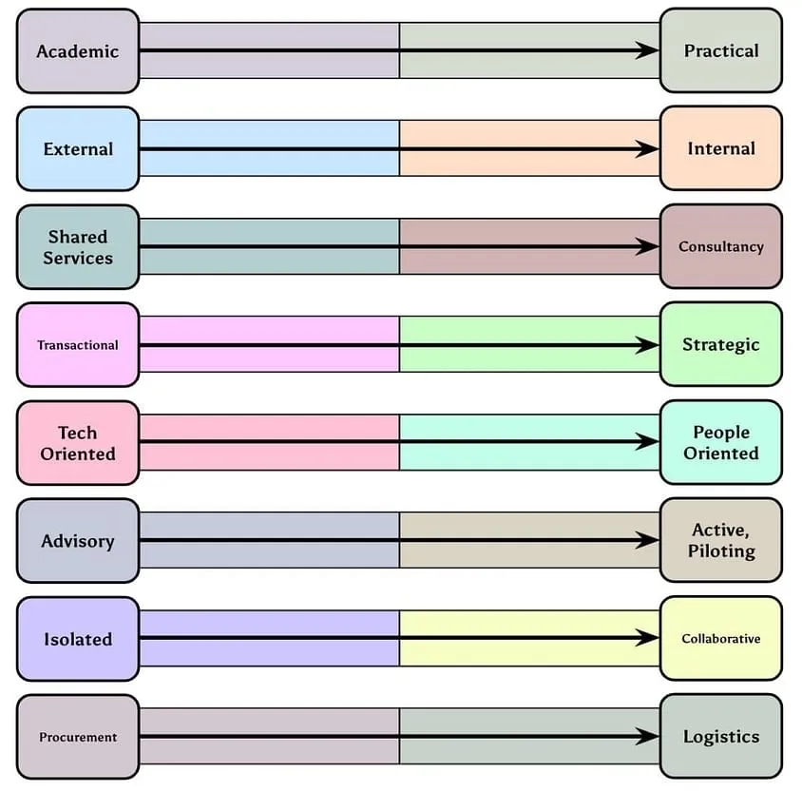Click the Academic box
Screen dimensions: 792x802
[78, 51]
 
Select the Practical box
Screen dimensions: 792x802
[720, 51]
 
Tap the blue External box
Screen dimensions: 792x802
[78, 149]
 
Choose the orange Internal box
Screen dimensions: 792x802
[720, 149]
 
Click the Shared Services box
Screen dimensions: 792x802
[78, 247]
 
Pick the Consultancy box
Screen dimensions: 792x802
[720, 247]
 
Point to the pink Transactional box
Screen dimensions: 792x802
[78, 345]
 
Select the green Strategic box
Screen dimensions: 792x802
[720, 345]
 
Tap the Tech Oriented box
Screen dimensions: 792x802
[78, 443]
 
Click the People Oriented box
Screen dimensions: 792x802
[720, 443]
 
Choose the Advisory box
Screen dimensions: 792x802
[78, 541]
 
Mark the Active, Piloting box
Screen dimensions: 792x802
[720, 541]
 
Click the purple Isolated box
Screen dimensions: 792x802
[78, 639]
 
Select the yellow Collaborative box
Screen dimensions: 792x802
[720, 639]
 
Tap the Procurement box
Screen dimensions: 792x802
[78, 737]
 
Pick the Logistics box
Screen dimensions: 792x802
[720, 737]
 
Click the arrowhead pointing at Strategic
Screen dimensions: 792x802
[648, 345]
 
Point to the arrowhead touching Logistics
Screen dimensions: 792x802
[648, 737]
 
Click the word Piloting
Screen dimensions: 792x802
[722, 551]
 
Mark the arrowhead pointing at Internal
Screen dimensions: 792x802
[648, 149]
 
